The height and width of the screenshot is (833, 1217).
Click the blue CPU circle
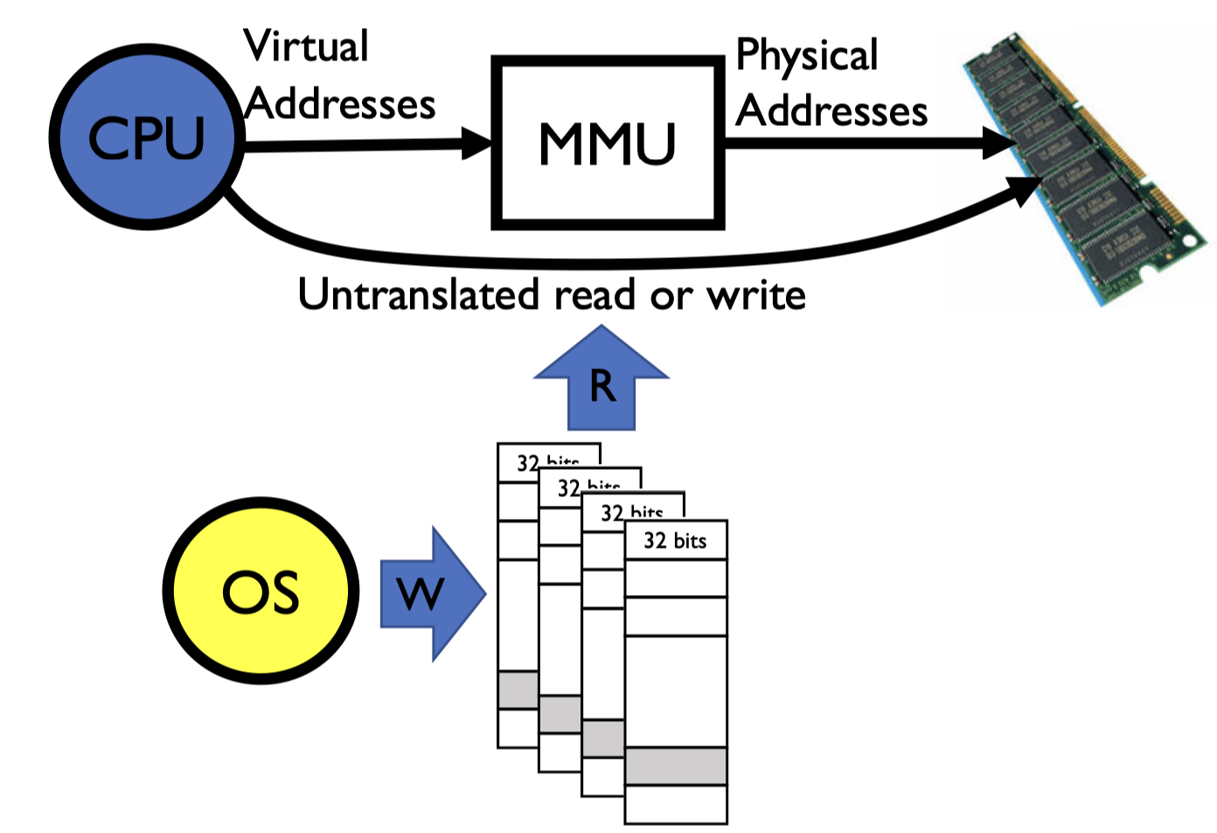[146, 137]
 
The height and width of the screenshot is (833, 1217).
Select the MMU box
[608, 143]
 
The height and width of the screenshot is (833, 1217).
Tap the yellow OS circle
[261, 591]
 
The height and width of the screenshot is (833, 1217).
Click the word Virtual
[306, 47]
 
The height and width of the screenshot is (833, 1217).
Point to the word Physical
[806, 56]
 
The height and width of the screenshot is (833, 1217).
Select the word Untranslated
[418, 295]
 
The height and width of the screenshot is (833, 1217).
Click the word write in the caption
[756, 296]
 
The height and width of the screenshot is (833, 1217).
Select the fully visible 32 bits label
[675, 541]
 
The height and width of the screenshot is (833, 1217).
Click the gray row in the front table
[676, 766]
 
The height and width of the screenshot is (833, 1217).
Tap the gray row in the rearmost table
[517, 689]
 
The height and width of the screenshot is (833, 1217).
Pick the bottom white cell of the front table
[676, 803]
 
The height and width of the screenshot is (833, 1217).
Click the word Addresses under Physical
[831, 112]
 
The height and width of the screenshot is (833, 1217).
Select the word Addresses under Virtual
[340, 105]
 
